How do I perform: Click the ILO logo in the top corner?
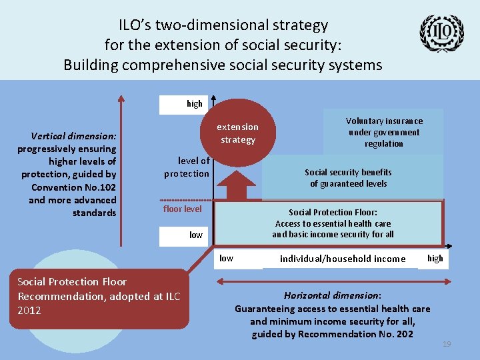pyautogui.click(x=441, y=35)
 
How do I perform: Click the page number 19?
pyautogui.click(x=447, y=343)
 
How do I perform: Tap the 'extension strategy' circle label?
pyautogui.click(x=237, y=133)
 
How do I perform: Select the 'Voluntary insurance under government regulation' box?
pyautogui.click(x=384, y=132)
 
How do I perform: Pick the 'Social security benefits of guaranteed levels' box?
pyautogui.click(x=348, y=177)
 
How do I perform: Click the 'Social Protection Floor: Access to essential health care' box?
pyautogui.click(x=333, y=223)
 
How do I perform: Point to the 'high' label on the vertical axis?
pyautogui.click(x=195, y=103)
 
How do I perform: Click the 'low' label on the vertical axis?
pyautogui.click(x=196, y=235)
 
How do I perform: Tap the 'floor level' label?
pyautogui.click(x=183, y=209)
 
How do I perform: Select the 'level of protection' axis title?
pyautogui.click(x=187, y=167)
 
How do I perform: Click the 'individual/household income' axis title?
pyautogui.click(x=343, y=259)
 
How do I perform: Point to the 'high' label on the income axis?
pyautogui.click(x=435, y=258)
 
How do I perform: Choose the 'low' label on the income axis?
pyautogui.click(x=227, y=258)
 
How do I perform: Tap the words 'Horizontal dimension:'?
pyautogui.click(x=332, y=295)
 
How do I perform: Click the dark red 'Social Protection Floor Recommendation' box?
pyautogui.click(x=99, y=298)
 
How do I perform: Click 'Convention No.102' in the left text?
pyautogui.click(x=74, y=187)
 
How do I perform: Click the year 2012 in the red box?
pyautogui.click(x=29, y=310)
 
